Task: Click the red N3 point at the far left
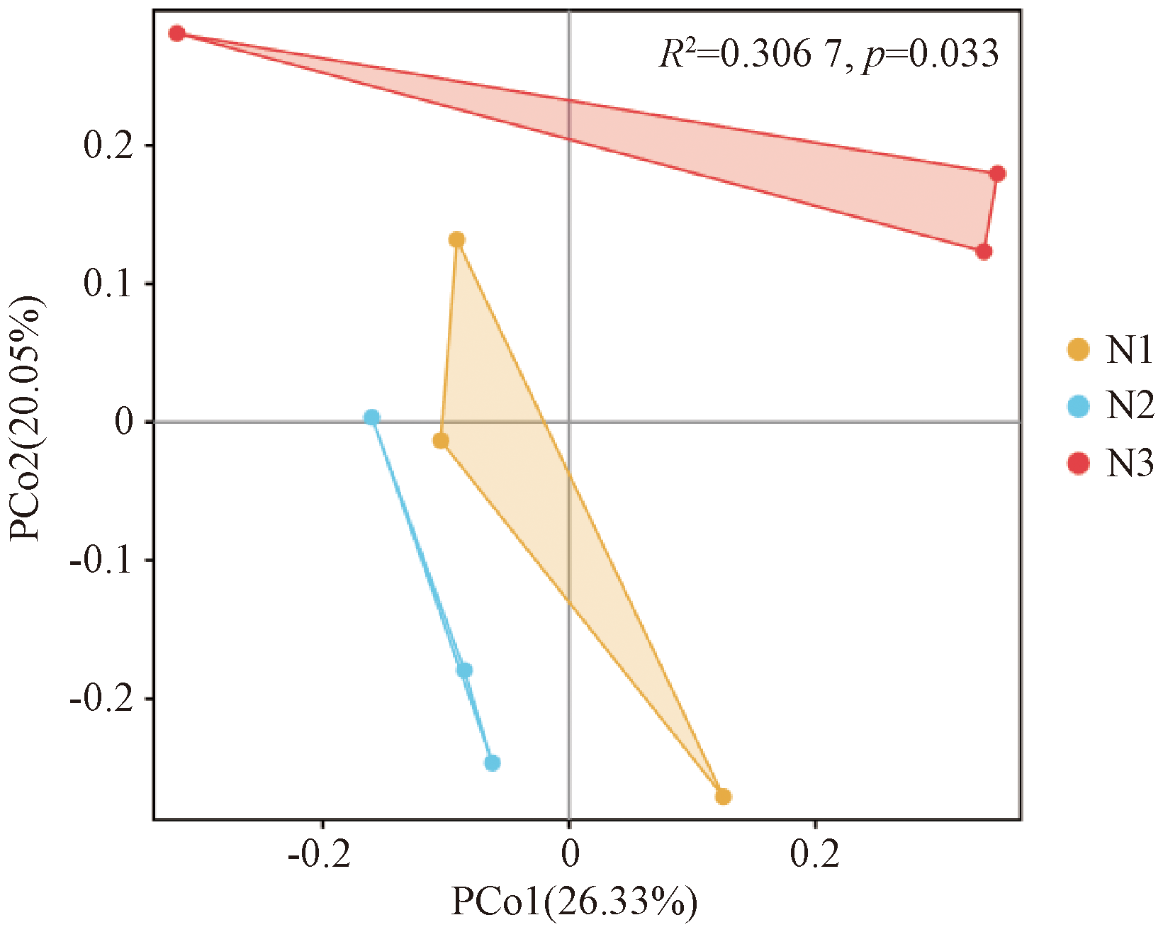pyautogui.click(x=177, y=33)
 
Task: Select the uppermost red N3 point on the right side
pyautogui.click(x=998, y=174)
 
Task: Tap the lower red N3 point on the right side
pyautogui.click(x=984, y=252)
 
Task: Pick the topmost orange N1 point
pyautogui.click(x=457, y=240)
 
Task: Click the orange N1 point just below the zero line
pyautogui.click(x=441, y=441)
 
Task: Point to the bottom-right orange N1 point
pyautogui.click(x=723, y=797)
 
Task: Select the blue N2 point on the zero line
pyautogui.click(x=372, y=417)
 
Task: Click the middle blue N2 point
pyautogui.click(x=465, y=670)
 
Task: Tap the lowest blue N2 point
pyautogui.click(x=493, y=763)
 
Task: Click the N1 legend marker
pyautogui.click(x=1079, y=349)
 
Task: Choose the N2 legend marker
pyautogui.click(x=1079, y=407)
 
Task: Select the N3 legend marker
pyautogui.click(x=1079, y=464)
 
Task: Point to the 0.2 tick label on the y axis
pyautogui.click(x=108, y=146)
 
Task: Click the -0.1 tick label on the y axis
pyautogui.click(x=101, y=561)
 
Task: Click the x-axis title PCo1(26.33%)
pyautogui.click(x=574, y=903)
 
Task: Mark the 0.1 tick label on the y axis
pyautogui.click(x=108, y=284)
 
